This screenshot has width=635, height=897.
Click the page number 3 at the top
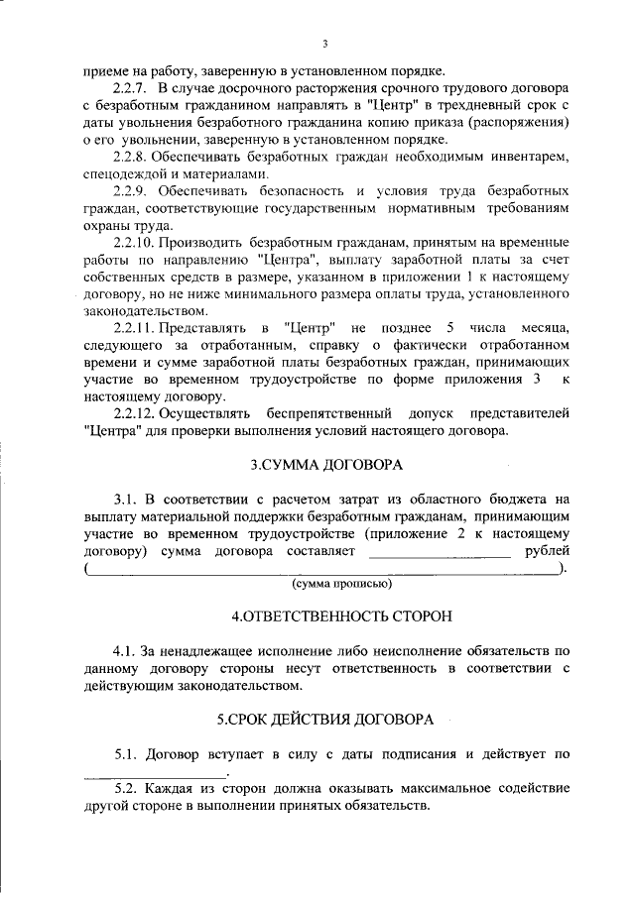pyautogui.click(x=324, y=44)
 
